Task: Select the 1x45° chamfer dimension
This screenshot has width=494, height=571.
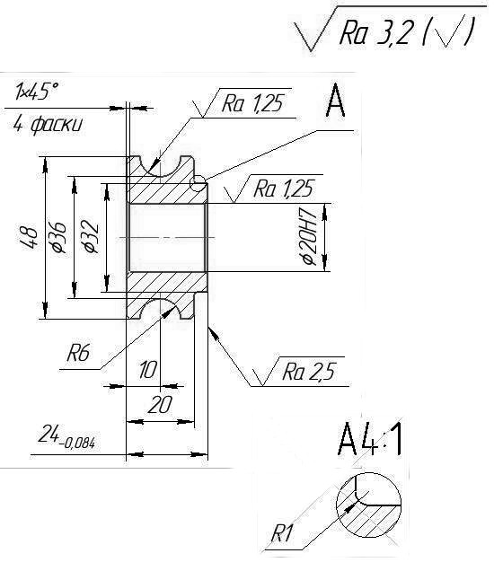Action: pos(37,91)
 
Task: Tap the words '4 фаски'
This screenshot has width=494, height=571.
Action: pos(48,125)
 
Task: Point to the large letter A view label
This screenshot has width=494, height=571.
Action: pos(335,101)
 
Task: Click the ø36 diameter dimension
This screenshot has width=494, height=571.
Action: pos(59,237)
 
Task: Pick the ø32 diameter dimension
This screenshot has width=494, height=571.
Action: pos(91,236)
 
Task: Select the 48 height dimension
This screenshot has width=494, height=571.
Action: pos(30,238)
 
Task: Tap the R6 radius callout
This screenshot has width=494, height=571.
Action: pos(78,352)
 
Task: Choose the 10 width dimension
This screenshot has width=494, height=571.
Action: pos(147,370)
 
